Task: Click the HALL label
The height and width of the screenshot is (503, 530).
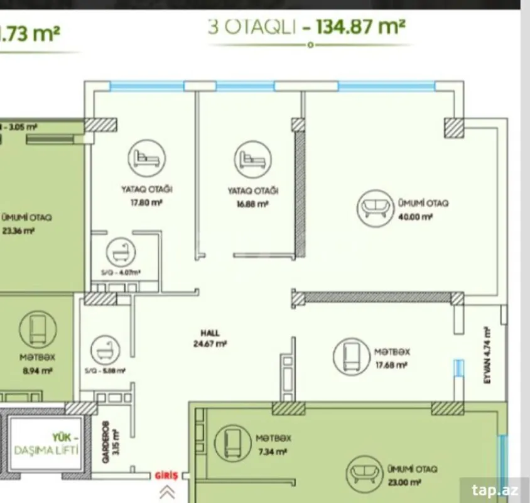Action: click(210, 334)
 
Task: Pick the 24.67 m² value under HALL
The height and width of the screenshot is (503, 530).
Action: click(210, 344)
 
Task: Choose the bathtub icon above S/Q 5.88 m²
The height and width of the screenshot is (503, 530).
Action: click(104, 350)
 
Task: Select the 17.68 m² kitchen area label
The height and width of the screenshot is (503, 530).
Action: click(391, 364)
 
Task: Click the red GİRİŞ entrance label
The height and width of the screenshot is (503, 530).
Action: click(167, 476)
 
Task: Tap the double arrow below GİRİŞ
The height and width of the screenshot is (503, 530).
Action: click(167, 492)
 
